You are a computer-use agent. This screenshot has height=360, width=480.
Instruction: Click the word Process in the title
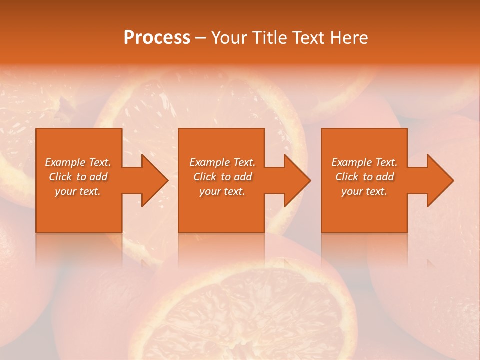[157, 38]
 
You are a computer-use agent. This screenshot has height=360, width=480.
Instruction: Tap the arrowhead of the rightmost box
[439, 181]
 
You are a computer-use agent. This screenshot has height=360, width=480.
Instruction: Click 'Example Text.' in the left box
[78, 162]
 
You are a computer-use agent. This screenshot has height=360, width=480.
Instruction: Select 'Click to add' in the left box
[78, 177]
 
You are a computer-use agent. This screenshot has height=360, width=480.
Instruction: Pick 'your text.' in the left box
[78, 191]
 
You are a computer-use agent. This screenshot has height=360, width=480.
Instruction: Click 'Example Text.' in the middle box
[222, 162]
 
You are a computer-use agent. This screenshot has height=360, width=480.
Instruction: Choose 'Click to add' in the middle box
[222, 177]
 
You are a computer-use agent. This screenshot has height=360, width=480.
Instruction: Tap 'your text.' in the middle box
[222, 191]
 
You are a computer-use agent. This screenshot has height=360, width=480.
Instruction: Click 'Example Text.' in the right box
[364, 162]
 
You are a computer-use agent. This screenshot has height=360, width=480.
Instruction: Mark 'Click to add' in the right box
[364, 177]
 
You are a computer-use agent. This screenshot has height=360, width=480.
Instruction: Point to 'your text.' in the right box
[364, 191]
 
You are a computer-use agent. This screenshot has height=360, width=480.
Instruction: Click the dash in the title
[201, 38]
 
